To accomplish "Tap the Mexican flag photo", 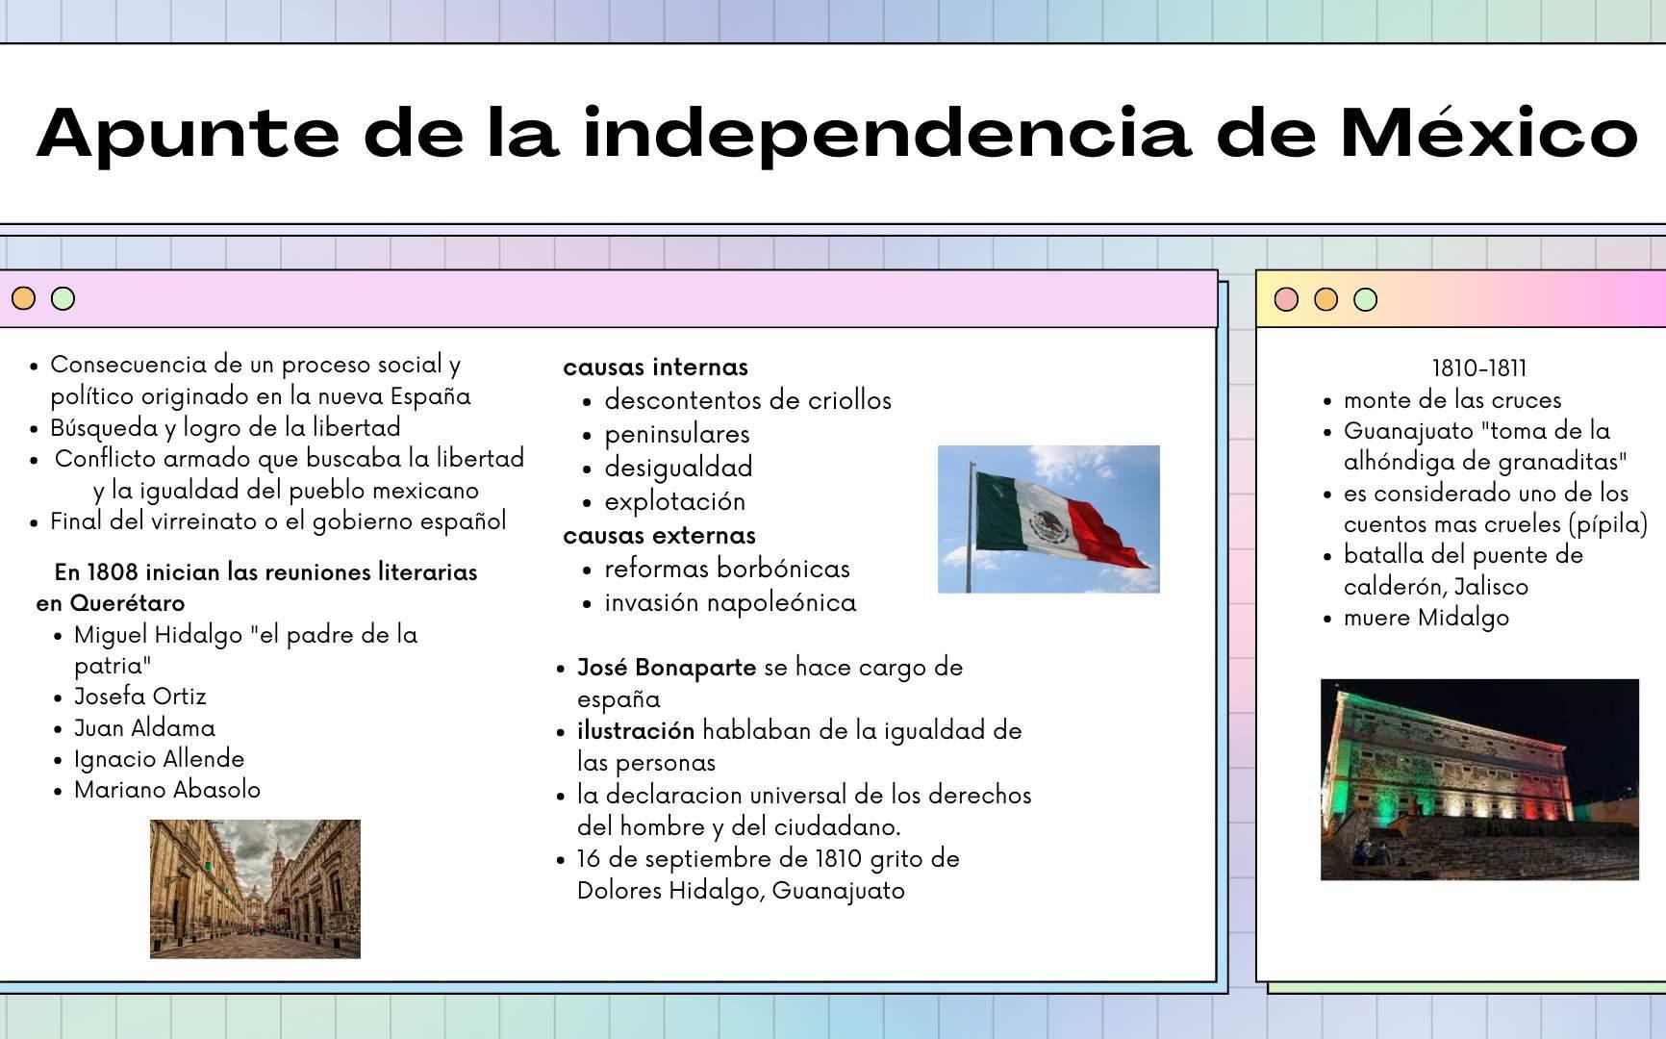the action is point(1048,519).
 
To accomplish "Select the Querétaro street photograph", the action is point(255,889).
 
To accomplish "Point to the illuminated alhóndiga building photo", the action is point(1479,779).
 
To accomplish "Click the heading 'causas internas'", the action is point(655,367).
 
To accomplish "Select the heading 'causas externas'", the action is point(659,535).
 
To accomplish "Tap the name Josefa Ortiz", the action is point(140,697).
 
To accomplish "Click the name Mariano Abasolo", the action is point(167,790).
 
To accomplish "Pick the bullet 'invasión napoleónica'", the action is point(730,603).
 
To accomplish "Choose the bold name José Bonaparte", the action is point(667,668).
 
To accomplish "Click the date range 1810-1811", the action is point(1479,368).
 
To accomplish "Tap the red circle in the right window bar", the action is point(1286,299).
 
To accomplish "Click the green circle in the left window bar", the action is point(63,298).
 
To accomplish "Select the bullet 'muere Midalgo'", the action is point(1426,618).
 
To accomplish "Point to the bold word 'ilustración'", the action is point(636,731).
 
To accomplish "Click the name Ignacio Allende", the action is point(160,759).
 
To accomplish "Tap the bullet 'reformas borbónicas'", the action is point(727,569).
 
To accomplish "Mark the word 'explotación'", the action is point(675,502).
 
